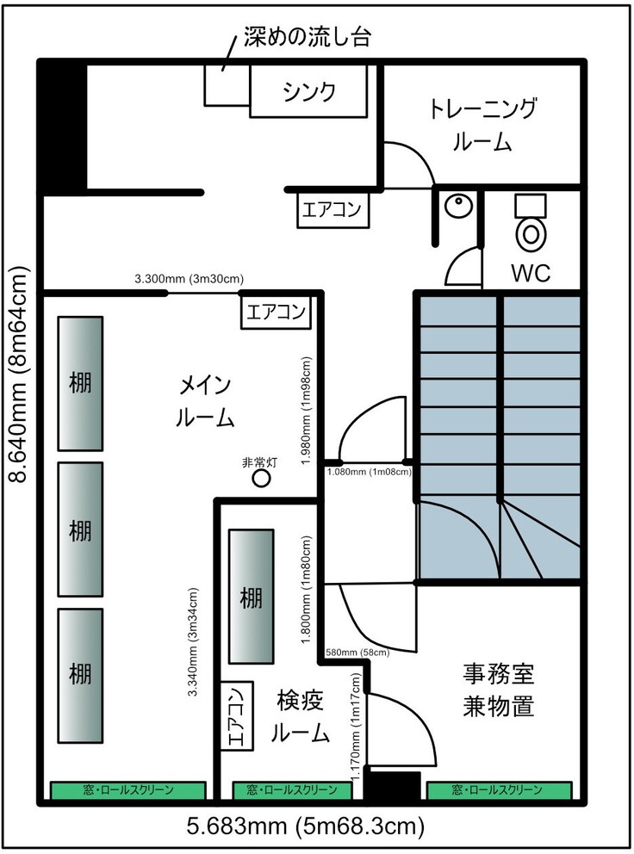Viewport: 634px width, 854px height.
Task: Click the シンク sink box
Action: (308, 91)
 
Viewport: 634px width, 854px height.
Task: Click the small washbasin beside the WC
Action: (458, 206)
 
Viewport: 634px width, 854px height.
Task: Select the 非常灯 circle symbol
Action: (261, 479)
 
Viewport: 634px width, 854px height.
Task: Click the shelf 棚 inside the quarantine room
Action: (251, 597)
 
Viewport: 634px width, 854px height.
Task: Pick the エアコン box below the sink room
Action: (332, 210)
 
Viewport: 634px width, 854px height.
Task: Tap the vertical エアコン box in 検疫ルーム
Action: (237, 715)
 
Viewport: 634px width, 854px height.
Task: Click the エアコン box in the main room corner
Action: (276, 313)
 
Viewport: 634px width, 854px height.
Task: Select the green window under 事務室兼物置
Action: (499, 789)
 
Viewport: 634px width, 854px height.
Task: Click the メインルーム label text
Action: (205, 401)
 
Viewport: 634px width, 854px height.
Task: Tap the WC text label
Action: (531, 272)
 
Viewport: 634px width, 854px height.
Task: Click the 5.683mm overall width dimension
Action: (305, 826)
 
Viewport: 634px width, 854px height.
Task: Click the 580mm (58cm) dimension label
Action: (357, 652)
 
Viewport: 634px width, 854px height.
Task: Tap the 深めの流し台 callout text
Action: (308, 37)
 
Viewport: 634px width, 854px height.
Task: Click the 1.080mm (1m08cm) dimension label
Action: (369, 472)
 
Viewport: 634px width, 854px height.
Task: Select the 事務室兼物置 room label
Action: (498, 690)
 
